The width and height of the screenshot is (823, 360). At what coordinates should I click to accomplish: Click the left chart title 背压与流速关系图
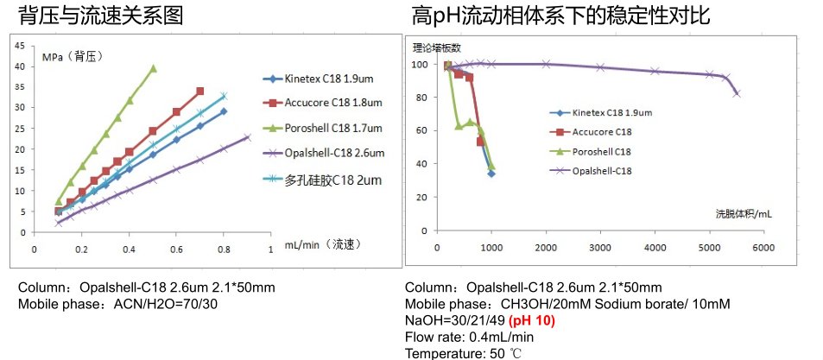point(103,15)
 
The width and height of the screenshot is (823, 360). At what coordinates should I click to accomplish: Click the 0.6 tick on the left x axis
point(176,249)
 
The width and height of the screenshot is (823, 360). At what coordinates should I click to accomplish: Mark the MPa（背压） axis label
point(72,57)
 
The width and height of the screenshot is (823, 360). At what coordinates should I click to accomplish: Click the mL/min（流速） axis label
point(322,244)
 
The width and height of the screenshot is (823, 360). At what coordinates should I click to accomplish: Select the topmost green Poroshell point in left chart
point(154,68)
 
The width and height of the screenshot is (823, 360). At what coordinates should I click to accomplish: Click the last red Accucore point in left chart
point(200,91)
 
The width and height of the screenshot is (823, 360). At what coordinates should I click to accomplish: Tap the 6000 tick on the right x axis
point(763,249)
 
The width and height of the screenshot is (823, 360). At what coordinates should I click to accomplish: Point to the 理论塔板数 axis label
point(436,47)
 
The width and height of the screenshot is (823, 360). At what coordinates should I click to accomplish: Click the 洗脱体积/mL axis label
point(743,212)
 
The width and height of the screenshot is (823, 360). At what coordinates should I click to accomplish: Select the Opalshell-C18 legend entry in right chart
point(602,170)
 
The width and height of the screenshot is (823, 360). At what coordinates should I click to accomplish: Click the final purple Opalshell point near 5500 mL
point(737,93)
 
